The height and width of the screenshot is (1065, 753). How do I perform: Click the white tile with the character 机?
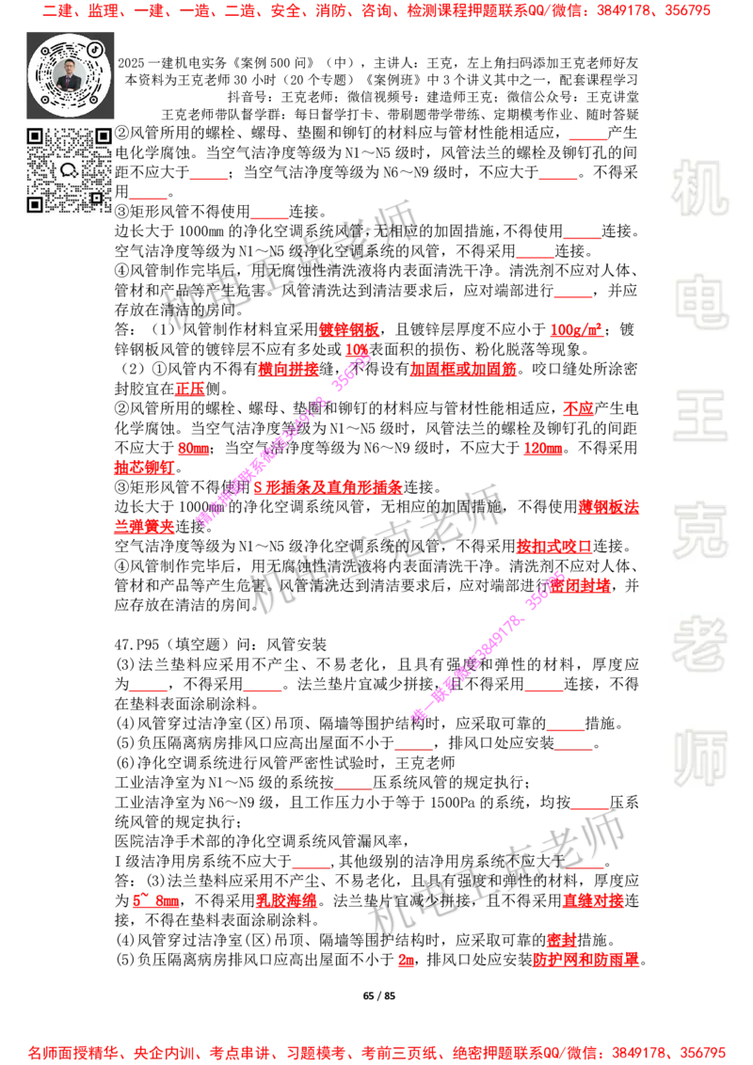pyautogui.click(x=699, y=188)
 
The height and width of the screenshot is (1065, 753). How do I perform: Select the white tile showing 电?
pyautogui.click(x=703, y=301)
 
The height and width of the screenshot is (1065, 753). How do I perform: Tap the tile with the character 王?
pyautogui.click(x=699, y=418)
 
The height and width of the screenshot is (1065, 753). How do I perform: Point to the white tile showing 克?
pyautogui.click(x=699, y=531)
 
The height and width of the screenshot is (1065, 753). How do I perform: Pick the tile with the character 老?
pyautogui.click(x=699, y=644)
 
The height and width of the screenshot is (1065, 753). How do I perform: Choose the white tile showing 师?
pyautogui.click(x=699, y=760)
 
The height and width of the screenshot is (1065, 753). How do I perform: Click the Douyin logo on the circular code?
pyautogui.click(x=96, y=49)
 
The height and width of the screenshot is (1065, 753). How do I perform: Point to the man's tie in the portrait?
pyautogui.click(x=70, y=84)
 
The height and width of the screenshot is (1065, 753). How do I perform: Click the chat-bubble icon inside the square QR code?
pyautogui.click(x=69, y=170)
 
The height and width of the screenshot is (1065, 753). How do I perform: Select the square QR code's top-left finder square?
pyautogui.click(x=35, y=136)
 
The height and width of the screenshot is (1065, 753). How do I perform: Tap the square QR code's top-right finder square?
pyautogui.click(x=103, y=136)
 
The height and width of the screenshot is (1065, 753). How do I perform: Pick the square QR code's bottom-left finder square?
pyautogui.click(x=35, y=204)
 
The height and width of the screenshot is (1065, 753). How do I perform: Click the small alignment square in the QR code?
pyautogui.click(x=96, y=198)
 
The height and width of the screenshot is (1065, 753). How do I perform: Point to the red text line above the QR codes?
pyautogui.click(x=376, y=12)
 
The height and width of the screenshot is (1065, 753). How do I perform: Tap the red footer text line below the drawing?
pyautogui.click(x=376, y=1052)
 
